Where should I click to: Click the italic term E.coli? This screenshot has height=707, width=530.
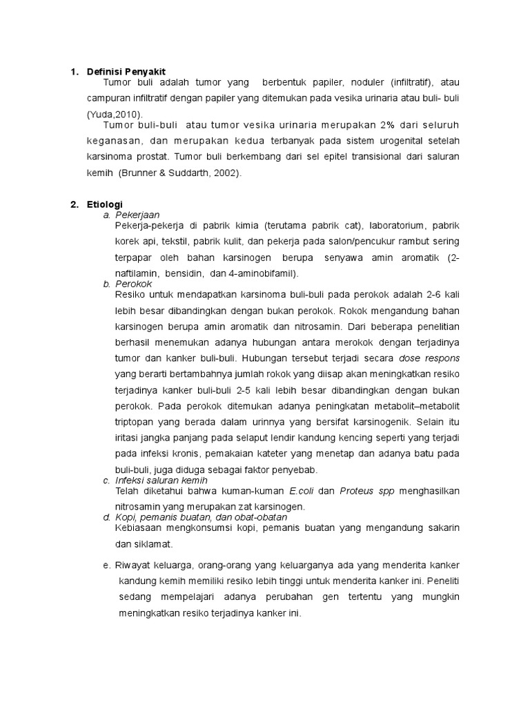click(x=302, y=491)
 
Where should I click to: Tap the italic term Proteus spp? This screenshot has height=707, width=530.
click(x=364, y=491)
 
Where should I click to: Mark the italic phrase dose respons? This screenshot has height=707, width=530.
click(x=429, y=359)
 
